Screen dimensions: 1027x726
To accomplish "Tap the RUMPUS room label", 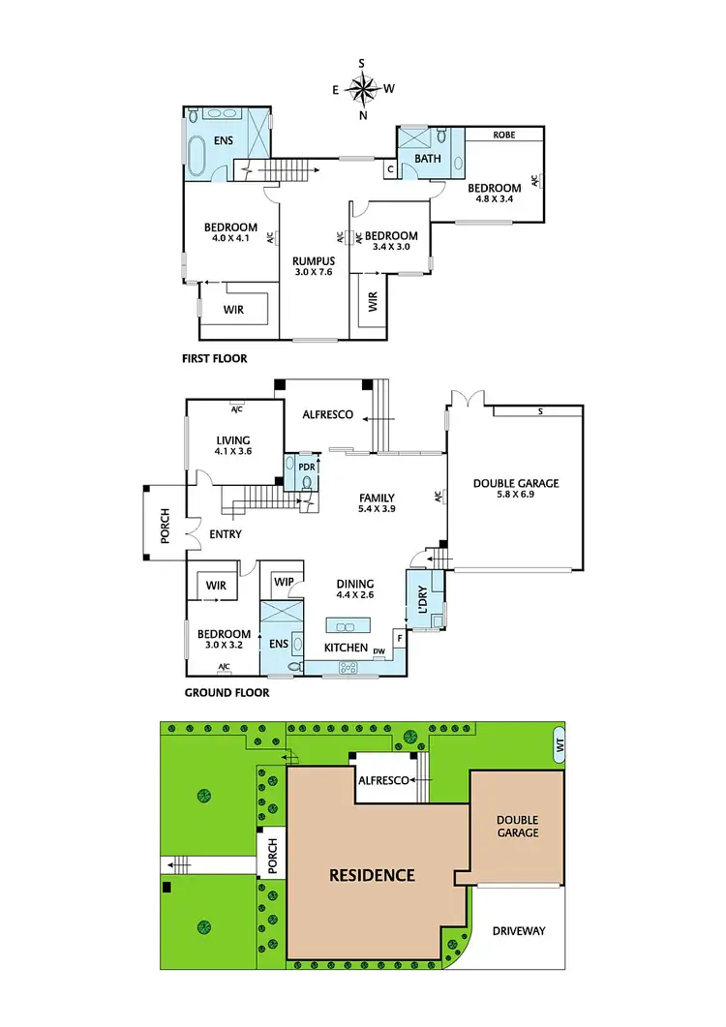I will (x=314, y=266).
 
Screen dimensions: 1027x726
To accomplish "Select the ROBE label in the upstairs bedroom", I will (x=503, y=135).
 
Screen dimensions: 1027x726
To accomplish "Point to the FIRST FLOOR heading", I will (x=214, y=358).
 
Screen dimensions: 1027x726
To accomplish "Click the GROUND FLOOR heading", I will (x=226, y=692).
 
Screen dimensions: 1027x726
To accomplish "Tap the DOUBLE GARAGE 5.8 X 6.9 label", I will (x=515, y=489).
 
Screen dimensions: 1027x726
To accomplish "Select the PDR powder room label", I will (x=307, y=466).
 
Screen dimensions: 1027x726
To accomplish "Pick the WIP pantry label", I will (x=284, y=582).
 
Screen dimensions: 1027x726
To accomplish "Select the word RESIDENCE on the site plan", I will (x=372, y=875).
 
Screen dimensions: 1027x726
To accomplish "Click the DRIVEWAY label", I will (x=519, y=931).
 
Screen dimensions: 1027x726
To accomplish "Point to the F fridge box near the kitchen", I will (x=399, y=639).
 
